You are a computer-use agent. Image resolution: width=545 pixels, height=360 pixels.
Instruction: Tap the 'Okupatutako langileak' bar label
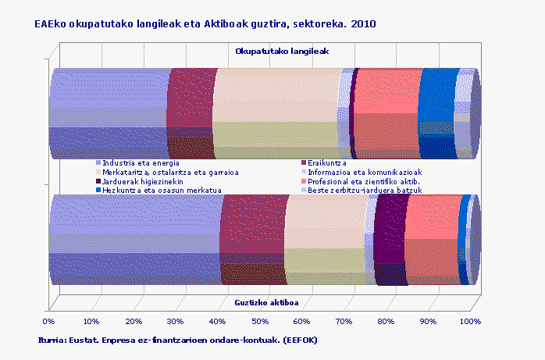[x=282, y=51]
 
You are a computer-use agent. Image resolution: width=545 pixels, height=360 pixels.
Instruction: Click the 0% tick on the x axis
[x=48, y=320]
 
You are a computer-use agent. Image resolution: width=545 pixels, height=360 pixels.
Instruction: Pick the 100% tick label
[x=470, y=320]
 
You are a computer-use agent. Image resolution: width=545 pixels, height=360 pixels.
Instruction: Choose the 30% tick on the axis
[x=175, y=320]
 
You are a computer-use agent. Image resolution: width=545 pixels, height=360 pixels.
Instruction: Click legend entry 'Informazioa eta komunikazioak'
[x=365, y=172]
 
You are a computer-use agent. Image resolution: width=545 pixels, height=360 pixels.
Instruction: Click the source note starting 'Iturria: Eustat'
[x=177, y=340]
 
